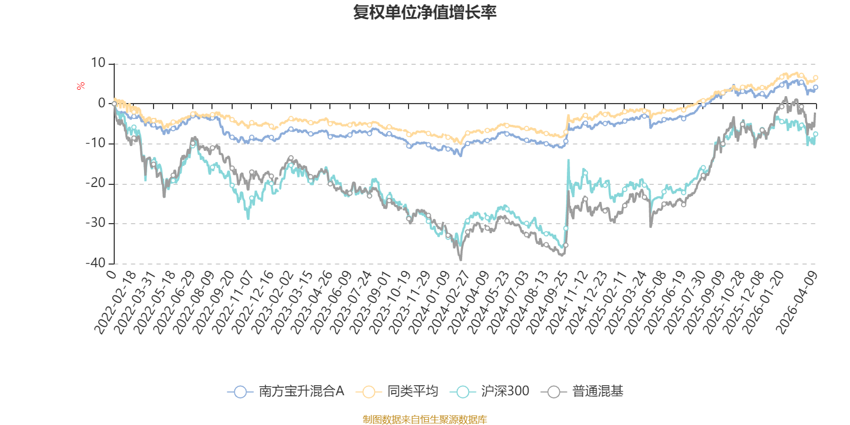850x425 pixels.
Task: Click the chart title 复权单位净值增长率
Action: (x=424, y=13)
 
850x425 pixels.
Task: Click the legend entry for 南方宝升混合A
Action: (x=285, y=391)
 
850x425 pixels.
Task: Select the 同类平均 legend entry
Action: (x=397, y=391)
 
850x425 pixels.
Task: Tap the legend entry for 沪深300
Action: (x=489, y=391)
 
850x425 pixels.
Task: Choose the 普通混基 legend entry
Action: (x=582, y=391)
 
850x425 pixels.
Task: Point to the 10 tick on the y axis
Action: (x=98, y=63)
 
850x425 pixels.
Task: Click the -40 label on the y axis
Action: (x=95, y=263)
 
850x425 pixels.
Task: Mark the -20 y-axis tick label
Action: (x=95, y=183)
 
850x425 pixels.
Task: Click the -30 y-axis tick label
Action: (x=95, y=223)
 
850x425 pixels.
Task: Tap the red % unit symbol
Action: (x=80, y=86)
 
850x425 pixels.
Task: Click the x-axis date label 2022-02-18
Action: (x=115, y=303)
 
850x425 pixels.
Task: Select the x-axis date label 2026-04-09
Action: (x=796, y=303)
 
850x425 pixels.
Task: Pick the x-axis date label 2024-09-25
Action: (x=547, y=303)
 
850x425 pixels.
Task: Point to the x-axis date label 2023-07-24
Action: (x=351, y=303)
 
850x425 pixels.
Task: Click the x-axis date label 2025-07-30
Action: (x=685, y=303)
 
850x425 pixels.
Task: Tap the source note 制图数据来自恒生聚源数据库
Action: (x=424, y=419)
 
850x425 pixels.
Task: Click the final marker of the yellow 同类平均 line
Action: (x=815, y=78)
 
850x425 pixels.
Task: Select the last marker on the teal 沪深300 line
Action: (x=815, y=134)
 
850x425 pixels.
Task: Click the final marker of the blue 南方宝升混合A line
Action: (x=815, y=87)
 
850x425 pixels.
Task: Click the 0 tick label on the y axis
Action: (x=101, y=103)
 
